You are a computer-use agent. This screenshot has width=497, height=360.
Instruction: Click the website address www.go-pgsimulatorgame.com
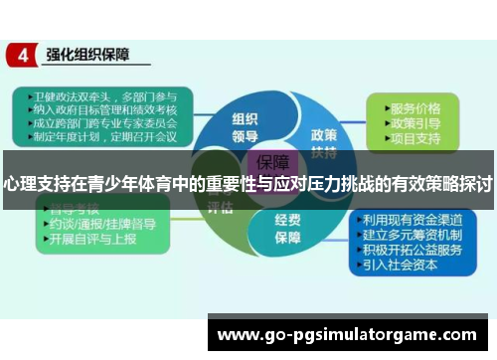coord(346,334)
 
